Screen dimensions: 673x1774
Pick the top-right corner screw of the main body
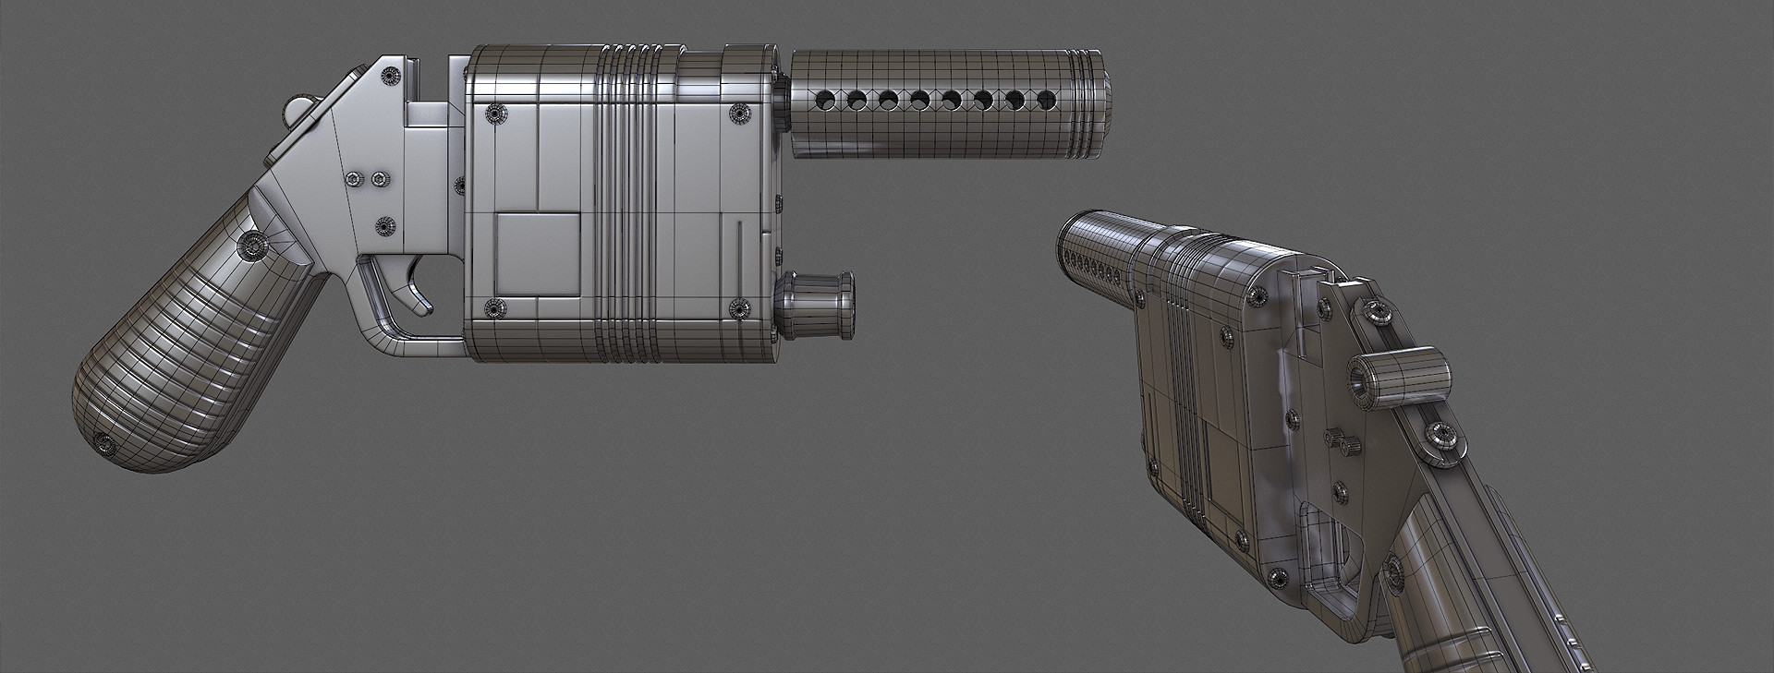[739, 113]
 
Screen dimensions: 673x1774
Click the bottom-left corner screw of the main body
[494, 308]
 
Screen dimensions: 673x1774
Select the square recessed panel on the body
[539, 252]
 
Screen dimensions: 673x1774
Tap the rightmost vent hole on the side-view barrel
[1047, 98]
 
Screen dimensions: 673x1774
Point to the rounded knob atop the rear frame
[298, 109]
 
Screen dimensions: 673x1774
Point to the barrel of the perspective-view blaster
[1100, 254]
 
